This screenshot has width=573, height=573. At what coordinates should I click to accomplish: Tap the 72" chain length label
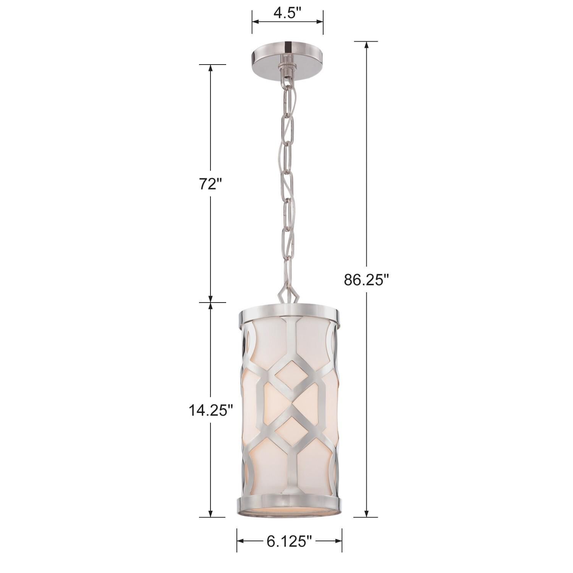point(210,184)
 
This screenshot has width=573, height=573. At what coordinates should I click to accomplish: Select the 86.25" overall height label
point(366,280)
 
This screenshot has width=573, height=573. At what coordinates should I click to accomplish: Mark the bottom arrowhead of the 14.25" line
point(210,513)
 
